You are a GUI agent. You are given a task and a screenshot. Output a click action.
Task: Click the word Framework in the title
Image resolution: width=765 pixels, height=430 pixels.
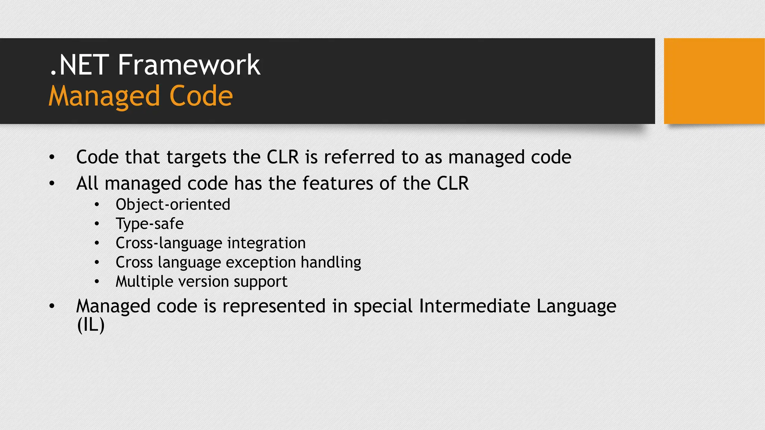[189, 65]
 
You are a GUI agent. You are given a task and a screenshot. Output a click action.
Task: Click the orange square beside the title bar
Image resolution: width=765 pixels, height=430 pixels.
[714, 81]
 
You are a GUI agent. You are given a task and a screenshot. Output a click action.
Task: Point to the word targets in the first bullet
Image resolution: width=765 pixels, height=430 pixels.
[196, 158]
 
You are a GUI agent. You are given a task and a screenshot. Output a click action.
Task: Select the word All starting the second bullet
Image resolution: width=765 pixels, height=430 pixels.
[87, 184]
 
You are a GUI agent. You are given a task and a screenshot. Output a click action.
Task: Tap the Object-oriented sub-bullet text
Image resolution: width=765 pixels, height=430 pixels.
[173, 205]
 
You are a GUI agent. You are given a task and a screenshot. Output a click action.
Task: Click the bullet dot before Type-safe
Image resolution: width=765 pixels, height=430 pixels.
[97, 224]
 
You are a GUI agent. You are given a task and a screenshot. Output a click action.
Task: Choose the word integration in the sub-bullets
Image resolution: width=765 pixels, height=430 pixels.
[266, 243]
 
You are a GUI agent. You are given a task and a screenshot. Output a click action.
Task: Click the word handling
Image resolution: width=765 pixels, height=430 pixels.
[331, 262]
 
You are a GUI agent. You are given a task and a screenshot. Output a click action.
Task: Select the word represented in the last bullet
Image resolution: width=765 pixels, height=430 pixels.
[274, 306]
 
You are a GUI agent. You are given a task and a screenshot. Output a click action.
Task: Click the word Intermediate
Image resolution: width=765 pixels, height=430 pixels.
[474, 306]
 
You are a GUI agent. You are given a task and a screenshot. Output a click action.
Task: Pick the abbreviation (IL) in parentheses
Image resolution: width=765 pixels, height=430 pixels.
[90, 325]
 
